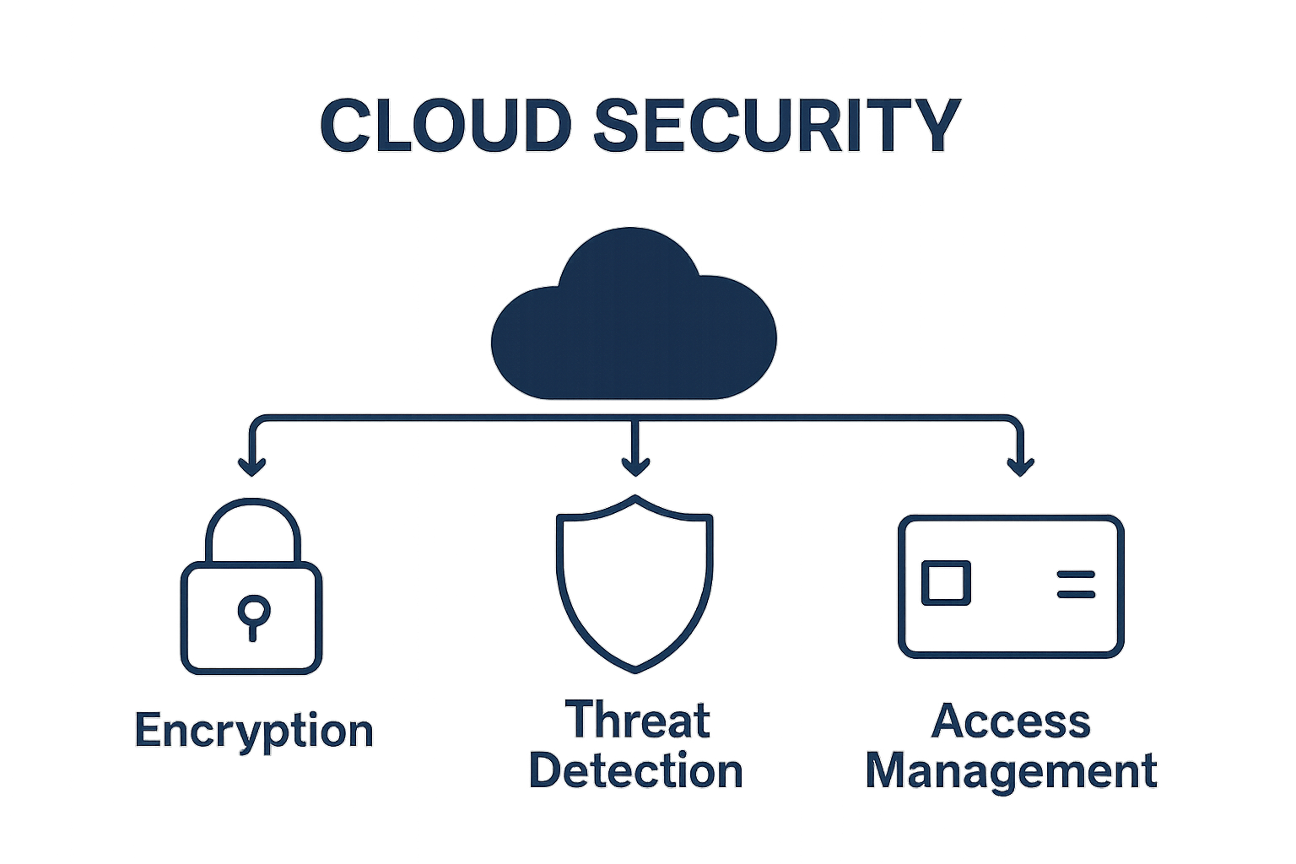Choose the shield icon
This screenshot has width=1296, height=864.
click(x=634, y=582)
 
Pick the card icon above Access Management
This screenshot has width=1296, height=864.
click(x=1011, y=586)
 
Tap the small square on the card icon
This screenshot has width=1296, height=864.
click(x=945, y=583)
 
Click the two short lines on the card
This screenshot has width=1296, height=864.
click(x=1076, y=584)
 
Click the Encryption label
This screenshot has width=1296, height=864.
click(x=254, y=731)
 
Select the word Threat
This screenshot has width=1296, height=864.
click(x=638, y=721)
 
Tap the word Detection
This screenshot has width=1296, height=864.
click(x=636, y=771)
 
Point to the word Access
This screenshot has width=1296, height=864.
click(x=1011, y=721)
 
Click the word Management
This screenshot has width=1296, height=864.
click(x=1011, y=771)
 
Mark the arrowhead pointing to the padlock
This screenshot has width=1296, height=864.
click(x=252, y=466)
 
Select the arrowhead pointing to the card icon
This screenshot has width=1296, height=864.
click(x=1021, y=466)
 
